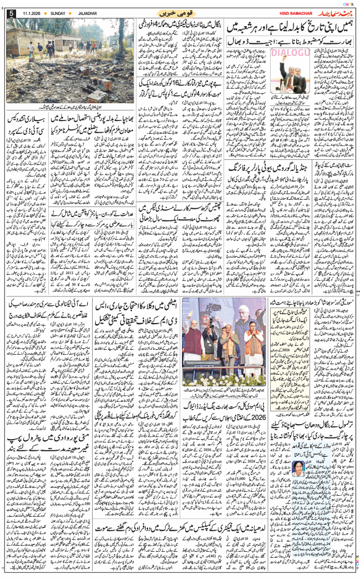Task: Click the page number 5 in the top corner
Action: click(x=10, y=13)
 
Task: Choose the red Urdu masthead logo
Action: click(x=331, y=12)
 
